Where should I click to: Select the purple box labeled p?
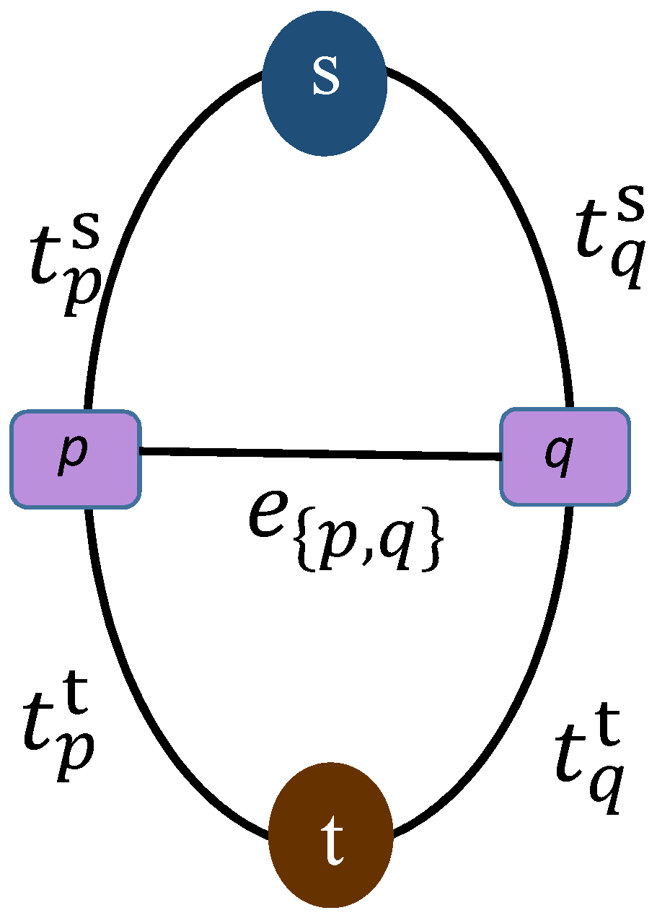75,459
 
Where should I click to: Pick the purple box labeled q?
565,456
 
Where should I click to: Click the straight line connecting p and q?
320,454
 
